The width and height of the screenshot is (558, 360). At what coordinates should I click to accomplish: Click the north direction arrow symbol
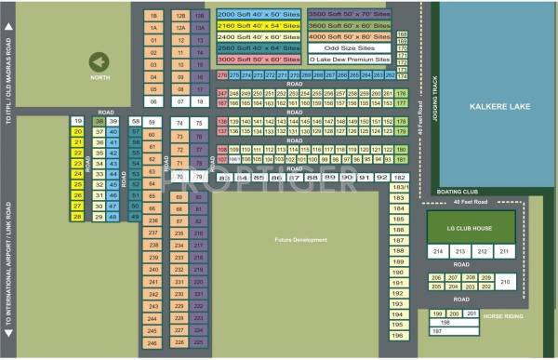coord(98,61)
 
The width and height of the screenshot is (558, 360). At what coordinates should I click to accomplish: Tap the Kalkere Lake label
coord(498,107)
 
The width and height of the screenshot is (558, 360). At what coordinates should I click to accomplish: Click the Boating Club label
coord(457,192)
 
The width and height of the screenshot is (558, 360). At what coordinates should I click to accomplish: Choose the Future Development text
coord(301,240)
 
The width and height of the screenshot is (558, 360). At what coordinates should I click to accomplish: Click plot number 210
coord(505,281)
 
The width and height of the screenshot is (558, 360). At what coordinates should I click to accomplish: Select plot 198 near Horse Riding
coord(432,322)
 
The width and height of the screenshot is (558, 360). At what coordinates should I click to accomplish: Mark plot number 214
coord(437,252)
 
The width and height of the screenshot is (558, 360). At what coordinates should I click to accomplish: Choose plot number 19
coord(78,122)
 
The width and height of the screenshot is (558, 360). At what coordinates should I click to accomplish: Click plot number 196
coord(397,336)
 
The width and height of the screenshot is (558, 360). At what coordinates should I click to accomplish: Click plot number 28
coord(78,216)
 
